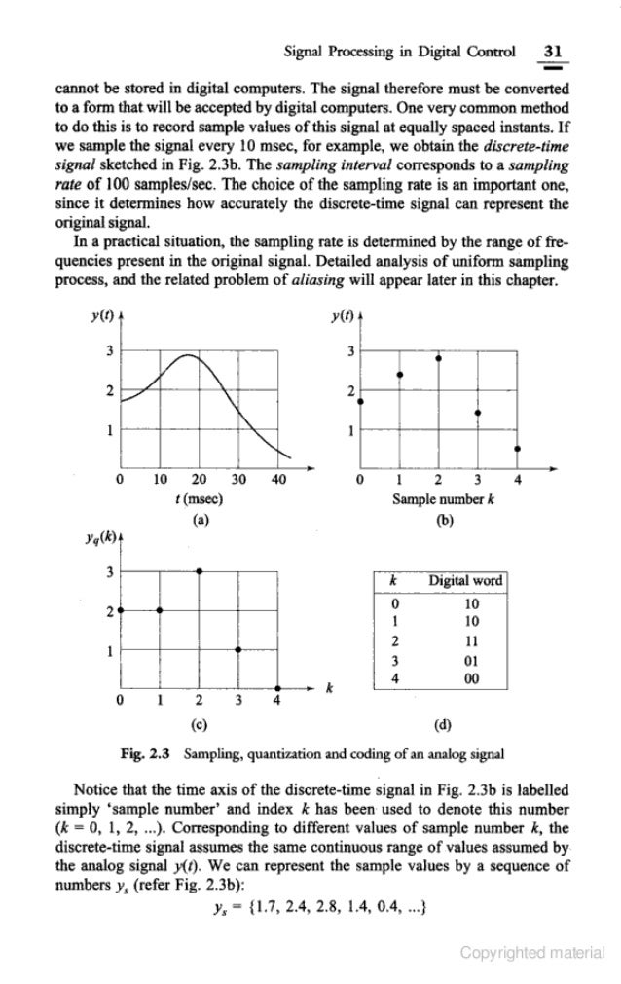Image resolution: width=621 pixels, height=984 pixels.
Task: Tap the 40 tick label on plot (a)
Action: click(x=279, y=479)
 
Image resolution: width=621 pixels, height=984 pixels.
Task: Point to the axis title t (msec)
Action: click(x=199, y=498)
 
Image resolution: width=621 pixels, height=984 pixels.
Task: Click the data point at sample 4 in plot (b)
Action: click(x=517, y=449)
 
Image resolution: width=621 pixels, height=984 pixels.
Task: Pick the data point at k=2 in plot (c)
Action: click(x=199, y=571)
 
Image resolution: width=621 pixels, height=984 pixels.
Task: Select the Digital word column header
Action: click(x=466, y=581)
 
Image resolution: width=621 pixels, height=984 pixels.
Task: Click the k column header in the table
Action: click(x=392, y=581)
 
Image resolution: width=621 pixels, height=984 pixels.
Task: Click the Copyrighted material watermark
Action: click(x=531, y=953)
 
